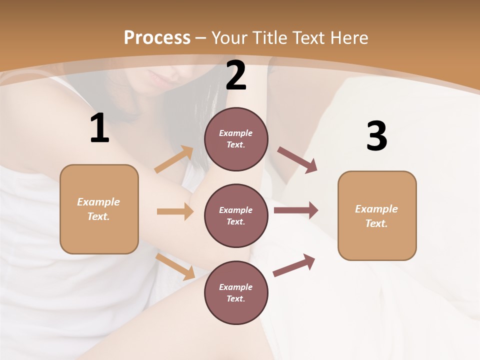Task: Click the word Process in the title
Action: [x=157, y=38]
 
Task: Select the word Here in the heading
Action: [x=348, y=38]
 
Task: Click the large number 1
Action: [x=99, y=128]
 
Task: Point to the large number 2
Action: [x=236, y=75]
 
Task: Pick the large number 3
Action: [x=376, y=136]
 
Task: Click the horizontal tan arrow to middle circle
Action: [x=175, y=211]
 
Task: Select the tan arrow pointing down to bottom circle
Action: [x=175, y=266]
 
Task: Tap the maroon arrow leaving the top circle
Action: [x=297, y=160]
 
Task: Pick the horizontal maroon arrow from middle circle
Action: [x=296, y=210]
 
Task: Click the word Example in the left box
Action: [x=98, y=202]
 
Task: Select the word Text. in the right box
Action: [x=376, y=223]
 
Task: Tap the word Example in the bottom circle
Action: [x=236, y=287]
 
